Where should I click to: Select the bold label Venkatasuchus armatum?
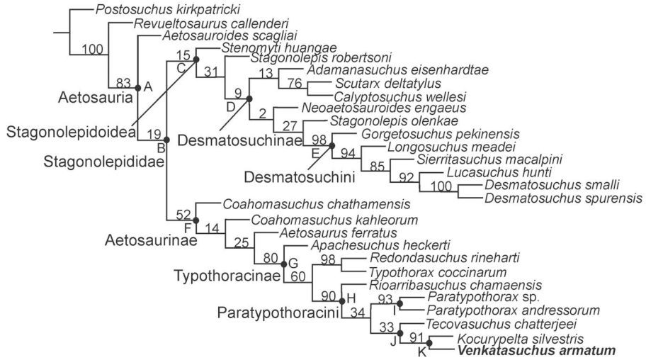tap(537, 350)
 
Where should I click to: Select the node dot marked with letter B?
tap(166, 139)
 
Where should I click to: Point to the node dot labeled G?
tap(283, 264)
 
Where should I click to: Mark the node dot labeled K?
tap(429, 343)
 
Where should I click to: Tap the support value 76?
tap(294, 84)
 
